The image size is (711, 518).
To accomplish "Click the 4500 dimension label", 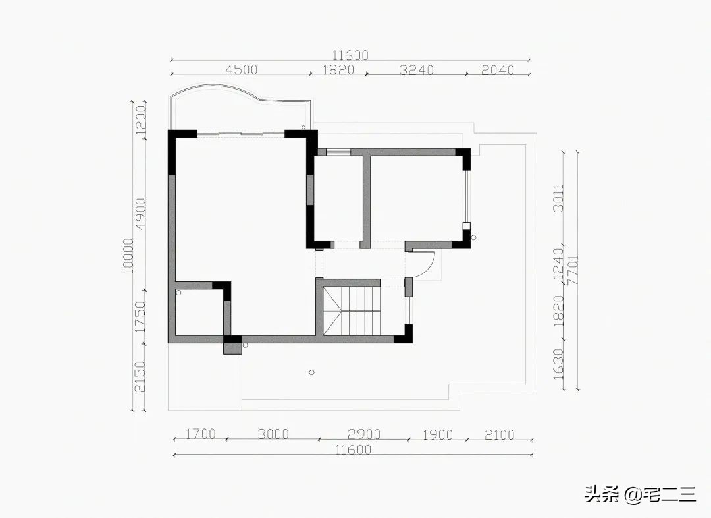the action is pyautogui.click(x=241, y=69).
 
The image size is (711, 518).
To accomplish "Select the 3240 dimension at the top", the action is pyautogui.click(x=417, y=70).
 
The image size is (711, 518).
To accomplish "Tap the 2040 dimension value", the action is pyautogui.click(x=498, y=70).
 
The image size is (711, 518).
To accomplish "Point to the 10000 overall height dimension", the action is pyautogui.click(x=128, y=256).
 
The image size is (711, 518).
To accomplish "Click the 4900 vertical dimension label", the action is pyautogui.click(x=142, y=214).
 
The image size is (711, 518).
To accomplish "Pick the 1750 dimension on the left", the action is pyautogui.click(x=141, y=317).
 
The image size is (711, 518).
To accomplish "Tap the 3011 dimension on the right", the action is pyautogui.click(x=559, y=198).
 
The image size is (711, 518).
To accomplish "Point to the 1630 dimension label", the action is pyautogui.click(x=559, y=364).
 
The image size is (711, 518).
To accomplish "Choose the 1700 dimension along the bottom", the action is pyautogui.click(x=201, y=434).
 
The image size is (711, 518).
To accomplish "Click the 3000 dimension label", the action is pyautogui.click(x=273, y=434).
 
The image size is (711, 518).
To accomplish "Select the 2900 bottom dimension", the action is pyautogui.click(x=364, y=434).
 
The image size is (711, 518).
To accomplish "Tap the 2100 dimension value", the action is pyautogui.click(x=500, y=434).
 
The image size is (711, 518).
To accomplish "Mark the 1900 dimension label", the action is pyautogui.click(x=438, y=434).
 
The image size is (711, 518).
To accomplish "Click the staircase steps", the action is pyautogui.click(x=352, y=310).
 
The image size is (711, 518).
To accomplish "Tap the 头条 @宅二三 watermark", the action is pyautogui.click(x=641, y=494).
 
